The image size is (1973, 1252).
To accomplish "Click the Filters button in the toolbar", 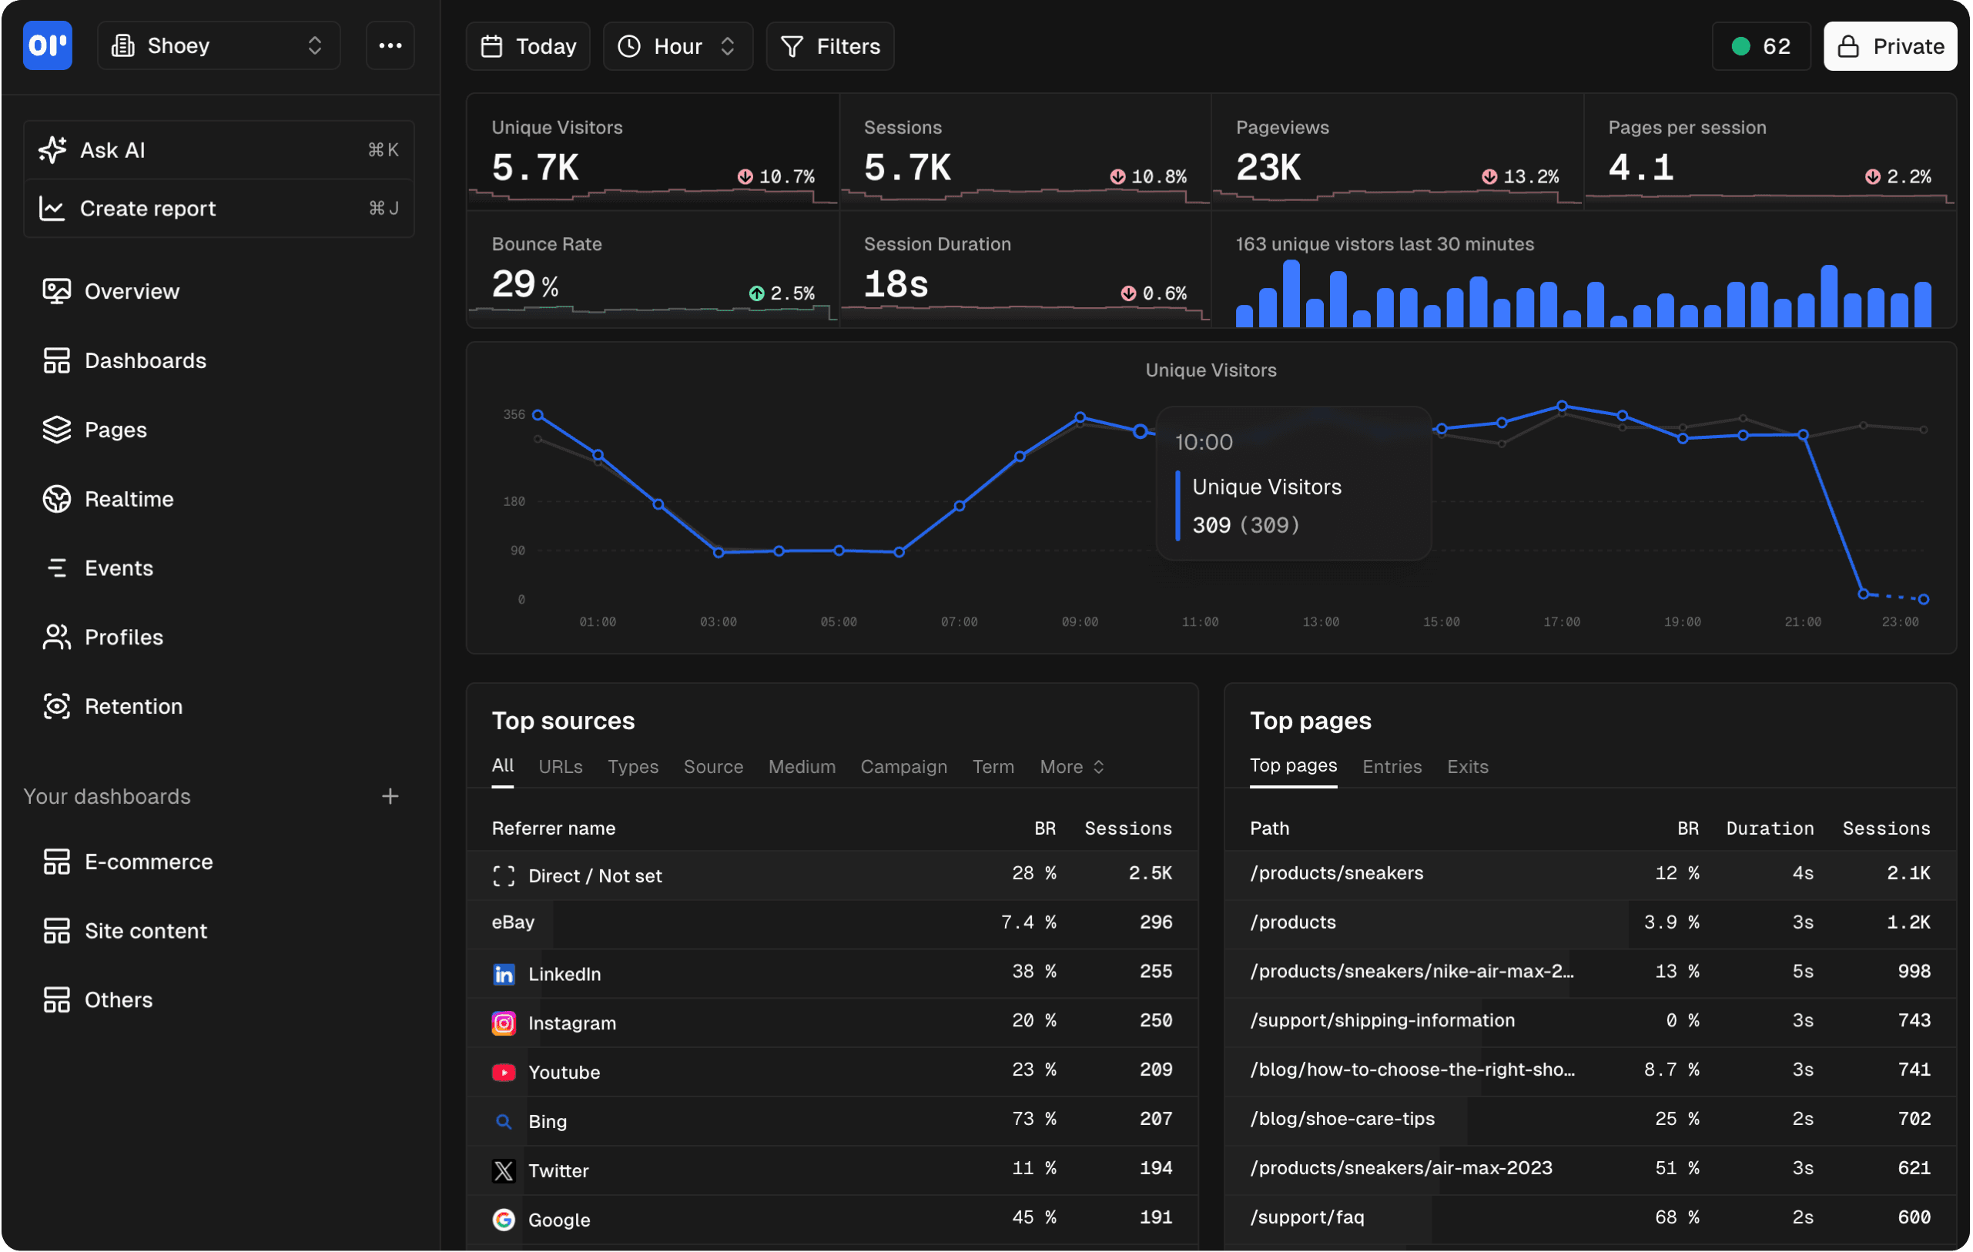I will click(829, 47).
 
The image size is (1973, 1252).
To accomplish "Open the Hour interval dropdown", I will click(678, 47).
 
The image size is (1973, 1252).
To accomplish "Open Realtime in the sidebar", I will click(129, 499).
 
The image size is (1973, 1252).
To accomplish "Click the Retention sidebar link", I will click(132, 706).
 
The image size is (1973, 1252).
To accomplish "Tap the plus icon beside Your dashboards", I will click(390, 796).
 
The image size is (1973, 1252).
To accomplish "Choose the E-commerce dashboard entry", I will click(149, 862).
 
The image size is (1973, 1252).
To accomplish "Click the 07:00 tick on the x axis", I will click(959, 622).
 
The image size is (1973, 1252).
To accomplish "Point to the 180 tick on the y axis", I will click(514, 501).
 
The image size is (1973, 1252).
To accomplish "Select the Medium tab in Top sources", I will click(802, 767).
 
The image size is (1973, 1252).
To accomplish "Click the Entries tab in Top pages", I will click(1392, 767).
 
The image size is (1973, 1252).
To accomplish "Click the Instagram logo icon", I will click(503, 1023).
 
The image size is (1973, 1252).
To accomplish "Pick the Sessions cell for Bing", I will click(1155, 1119).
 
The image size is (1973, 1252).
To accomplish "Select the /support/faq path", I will click(1307, 1217).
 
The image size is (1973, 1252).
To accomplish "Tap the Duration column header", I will click(1769, 829).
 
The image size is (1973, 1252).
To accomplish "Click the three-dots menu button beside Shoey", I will click(390, 46).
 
